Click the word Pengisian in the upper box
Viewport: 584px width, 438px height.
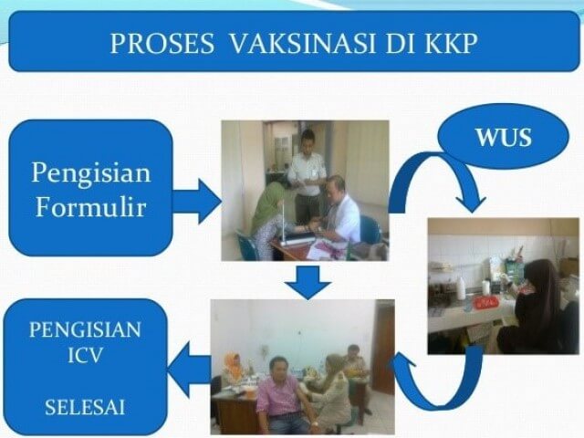pyautogui.click(x=90, y=172)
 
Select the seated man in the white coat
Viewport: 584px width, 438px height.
pyautogui.click(x=339, y=214)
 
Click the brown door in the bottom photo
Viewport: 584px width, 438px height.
pyautogui.click(x=382, y=347)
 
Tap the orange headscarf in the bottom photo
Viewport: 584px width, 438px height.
pyautogui.click(x=234, y=365)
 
